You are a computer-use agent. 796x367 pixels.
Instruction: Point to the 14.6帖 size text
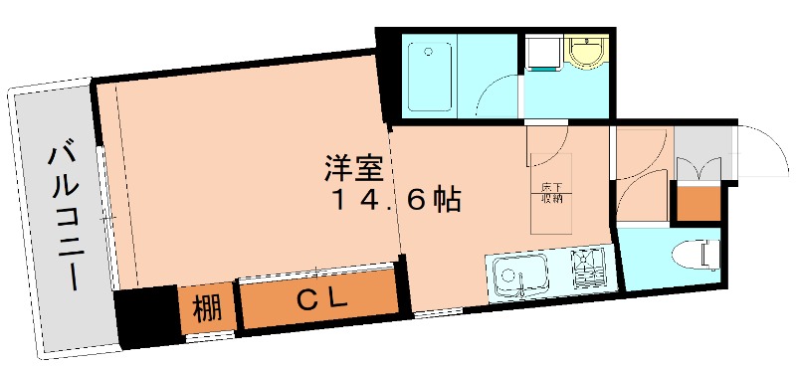pos(395,201)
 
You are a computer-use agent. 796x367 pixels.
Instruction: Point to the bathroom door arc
pos(497,94)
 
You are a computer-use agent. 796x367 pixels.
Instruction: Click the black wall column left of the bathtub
pos(389,75)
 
